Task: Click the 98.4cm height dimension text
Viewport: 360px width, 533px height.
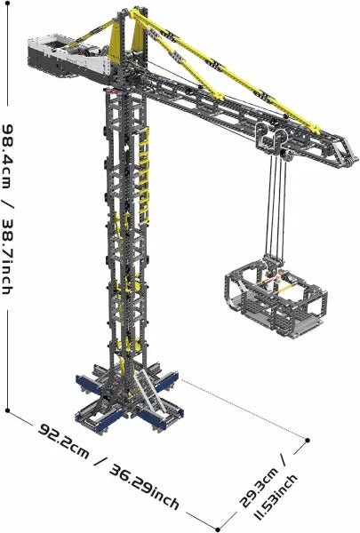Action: pyautogui.click(x=7, y=156)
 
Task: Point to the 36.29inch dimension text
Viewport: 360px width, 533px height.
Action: pyautogui.click(x=144, y=487)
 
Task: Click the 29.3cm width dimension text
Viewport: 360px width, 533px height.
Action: pyautogui.click(x=260, y=489)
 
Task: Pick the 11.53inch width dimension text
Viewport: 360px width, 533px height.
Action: pyautogui.click(x=276, y=498)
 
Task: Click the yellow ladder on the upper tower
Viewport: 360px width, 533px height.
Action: pyautogui.click(x=144, y=175)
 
